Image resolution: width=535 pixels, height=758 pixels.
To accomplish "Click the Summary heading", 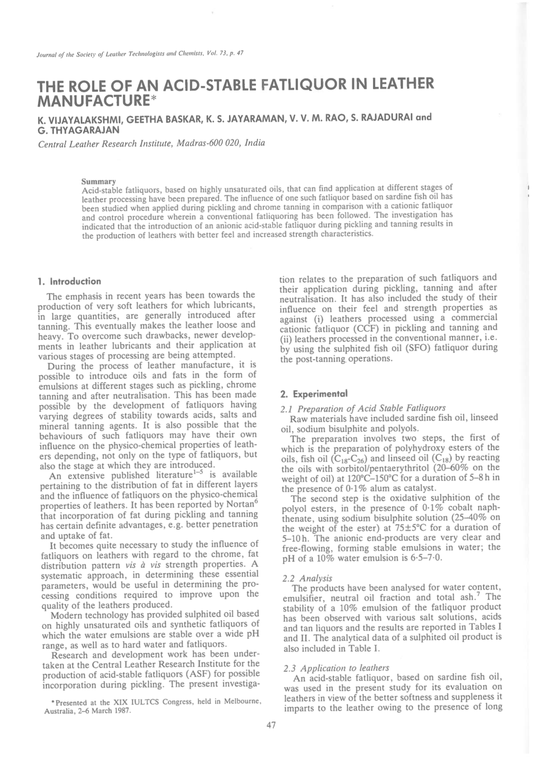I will pyautogui.click(x=99, y=181).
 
